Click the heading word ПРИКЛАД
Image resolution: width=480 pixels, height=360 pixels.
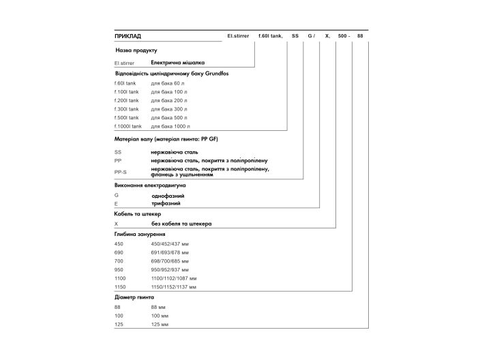128,35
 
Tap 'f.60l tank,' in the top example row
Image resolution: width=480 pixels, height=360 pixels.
271,35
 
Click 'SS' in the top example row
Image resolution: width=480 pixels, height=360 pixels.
295,35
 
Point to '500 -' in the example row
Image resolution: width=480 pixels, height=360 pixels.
344,35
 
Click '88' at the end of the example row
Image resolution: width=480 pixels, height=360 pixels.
361,35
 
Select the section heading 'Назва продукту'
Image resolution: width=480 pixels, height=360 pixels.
136,50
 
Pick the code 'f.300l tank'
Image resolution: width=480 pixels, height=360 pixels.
127,109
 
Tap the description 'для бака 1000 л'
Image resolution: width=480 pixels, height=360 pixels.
170,126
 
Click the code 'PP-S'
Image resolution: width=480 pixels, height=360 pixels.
121,172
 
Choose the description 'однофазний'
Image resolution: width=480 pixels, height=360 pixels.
167,196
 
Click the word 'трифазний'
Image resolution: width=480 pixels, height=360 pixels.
166,203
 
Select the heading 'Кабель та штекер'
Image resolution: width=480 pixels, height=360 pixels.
137,213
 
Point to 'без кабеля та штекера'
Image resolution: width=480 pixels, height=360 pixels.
181,224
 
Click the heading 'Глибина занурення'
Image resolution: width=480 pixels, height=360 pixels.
139,234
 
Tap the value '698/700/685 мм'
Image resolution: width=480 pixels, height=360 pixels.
170,261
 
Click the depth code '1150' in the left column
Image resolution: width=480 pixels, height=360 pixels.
121,287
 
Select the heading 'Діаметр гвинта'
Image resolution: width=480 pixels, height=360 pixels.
134,297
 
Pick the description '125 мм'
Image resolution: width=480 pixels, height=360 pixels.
160,325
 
